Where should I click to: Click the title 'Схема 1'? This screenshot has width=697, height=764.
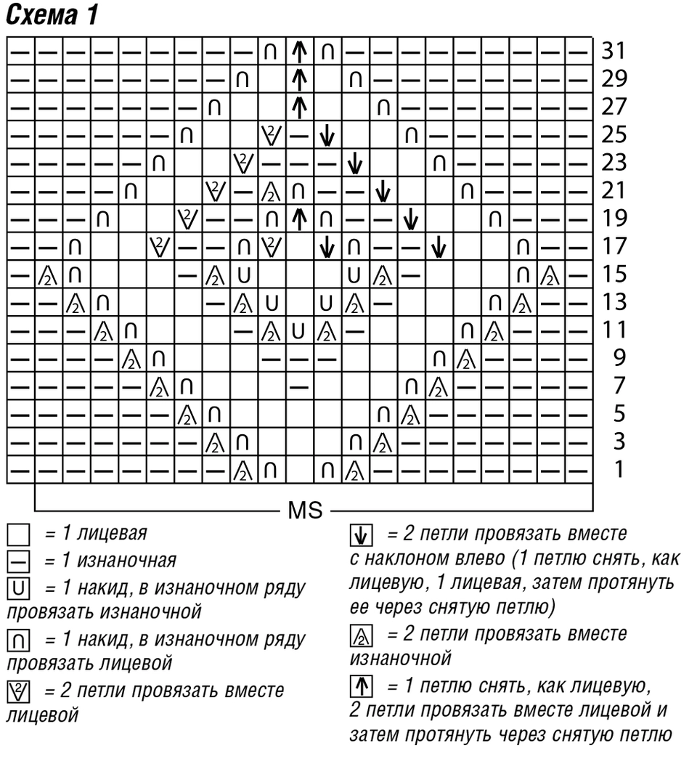point(52,15)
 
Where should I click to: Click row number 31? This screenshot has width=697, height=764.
point(614,51)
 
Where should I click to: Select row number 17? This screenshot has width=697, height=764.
point(614,246)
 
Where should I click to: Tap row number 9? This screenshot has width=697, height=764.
point(619,358)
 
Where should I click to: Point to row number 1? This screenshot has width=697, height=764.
point(619,470)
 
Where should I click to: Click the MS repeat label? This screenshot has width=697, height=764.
point(306,511)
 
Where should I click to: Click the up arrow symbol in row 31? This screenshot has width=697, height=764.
point(300,51)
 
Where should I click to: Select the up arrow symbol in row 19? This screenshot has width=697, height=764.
point(300,219)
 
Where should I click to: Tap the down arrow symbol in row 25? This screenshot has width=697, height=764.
point(327,135)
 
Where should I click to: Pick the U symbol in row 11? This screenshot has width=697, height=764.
point(298,331)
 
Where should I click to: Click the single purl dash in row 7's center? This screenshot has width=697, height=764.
point(299,387)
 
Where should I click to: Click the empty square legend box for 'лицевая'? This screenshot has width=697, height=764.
point(18,535)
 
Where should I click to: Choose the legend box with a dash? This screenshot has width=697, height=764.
point(18,562)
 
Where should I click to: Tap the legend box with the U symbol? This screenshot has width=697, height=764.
point(18,589)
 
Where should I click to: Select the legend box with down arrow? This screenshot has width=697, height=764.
point(361,535)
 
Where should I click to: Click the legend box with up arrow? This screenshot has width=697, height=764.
point(361,686)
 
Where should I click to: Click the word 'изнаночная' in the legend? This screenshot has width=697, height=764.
point(126,561)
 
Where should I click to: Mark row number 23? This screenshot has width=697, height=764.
point(614,163)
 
